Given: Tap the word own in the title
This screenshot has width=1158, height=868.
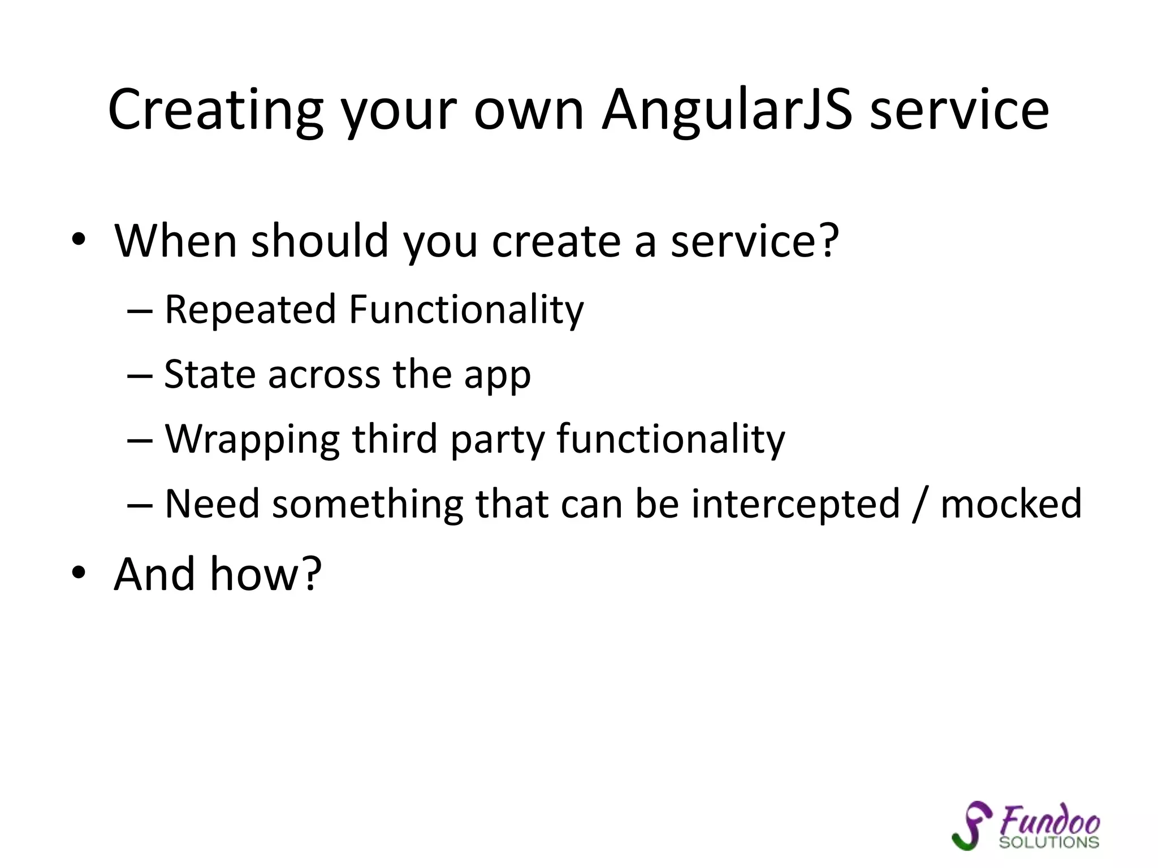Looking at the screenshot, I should pos(528,112).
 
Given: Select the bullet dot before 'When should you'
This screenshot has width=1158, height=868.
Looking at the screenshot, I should pos(79,240).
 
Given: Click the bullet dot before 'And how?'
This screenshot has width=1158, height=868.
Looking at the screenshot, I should pos(79,573).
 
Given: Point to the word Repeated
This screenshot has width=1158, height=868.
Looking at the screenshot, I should pos(250,310).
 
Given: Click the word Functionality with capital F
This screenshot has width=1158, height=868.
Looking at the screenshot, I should pos(466,310).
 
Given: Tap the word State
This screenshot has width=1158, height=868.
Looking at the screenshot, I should pos(210,375).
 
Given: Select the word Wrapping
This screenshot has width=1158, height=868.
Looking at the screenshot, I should pos(252,440).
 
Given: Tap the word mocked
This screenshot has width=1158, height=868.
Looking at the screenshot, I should pos(1010,504).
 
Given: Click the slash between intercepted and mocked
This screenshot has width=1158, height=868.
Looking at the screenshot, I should pos(920,504).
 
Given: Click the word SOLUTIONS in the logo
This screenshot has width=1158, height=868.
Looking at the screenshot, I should pos(1049,842).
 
